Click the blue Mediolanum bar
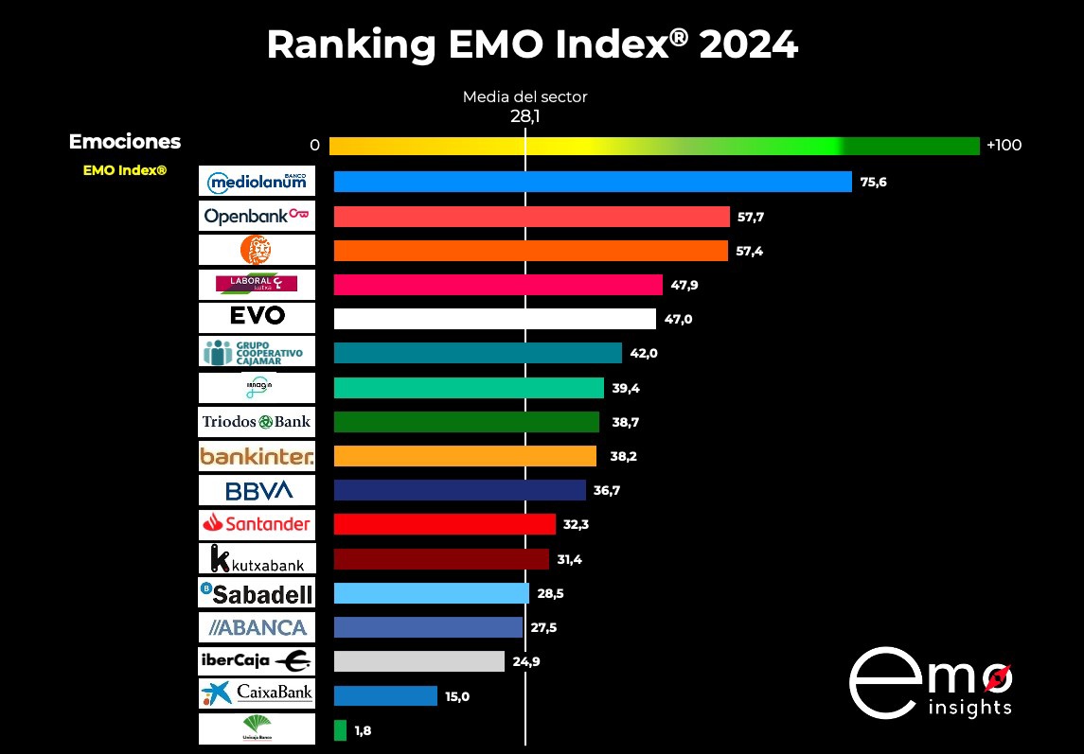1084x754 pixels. pos(593,182)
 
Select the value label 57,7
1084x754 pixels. pos(750,217)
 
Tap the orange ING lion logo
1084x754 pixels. pos(256,250)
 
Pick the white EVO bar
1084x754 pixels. pos(494,319)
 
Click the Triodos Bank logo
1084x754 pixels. pos(256,421)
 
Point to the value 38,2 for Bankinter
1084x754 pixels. pos(624,456)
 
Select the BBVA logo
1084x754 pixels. pos(256,490)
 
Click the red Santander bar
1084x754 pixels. pos(444,524)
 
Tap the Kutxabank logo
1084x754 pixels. pos(256,559)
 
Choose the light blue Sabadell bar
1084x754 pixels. pos(431,593)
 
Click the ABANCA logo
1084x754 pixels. pos(256,627)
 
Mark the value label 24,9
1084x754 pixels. pos(526,661)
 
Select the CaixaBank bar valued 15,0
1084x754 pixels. pos(385,696)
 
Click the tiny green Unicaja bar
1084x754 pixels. pos(340,730)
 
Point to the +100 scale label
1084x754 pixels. pos(1004,146)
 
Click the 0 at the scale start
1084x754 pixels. pos(314,146)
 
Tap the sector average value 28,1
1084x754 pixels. pos(524,115)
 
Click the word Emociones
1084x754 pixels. pos(125,142)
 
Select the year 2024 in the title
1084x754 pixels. pos(748,44)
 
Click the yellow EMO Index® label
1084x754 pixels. pos(125,170)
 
